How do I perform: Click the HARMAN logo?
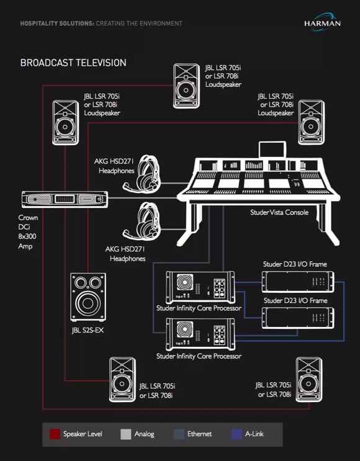(322, 22)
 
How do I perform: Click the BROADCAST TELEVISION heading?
(73, 63)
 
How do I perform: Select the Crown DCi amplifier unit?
(65, 199)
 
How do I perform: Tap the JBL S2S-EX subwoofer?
(88, 297)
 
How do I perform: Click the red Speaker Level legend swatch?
(55, 434)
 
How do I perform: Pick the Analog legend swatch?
(126, 434)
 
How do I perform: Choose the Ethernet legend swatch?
(179, 434)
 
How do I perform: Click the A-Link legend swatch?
(236, 434)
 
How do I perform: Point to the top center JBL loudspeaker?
(186, 86)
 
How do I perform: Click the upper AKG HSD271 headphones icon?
(143, 174)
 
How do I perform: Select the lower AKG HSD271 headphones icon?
(143, 221)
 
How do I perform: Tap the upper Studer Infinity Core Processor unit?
(200, 287)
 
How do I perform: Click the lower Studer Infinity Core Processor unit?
(200, 334)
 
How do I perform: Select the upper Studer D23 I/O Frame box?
(298, 282)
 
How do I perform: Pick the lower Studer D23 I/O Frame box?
(298, 318)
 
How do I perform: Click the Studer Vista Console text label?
(279, 212)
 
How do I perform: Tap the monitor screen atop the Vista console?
(272, 150)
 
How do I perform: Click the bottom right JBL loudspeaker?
(309, 380)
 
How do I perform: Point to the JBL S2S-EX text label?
(88, 330)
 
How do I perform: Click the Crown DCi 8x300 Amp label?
(28, 231)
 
